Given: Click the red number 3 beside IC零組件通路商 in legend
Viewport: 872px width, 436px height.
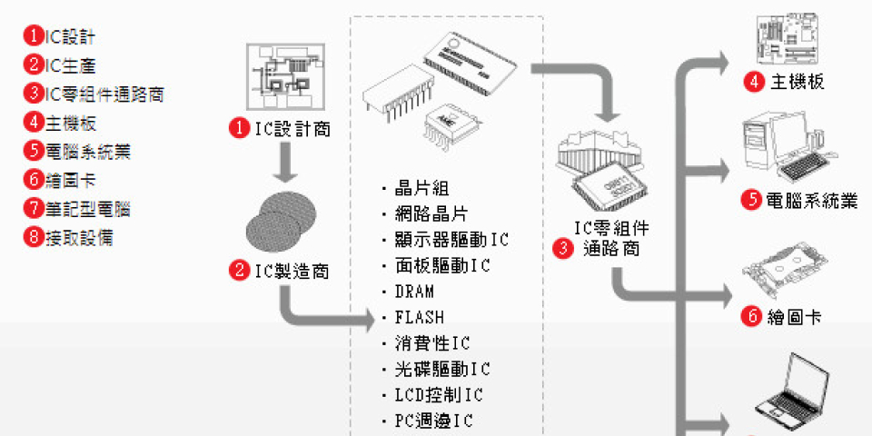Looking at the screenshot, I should coord(34,94).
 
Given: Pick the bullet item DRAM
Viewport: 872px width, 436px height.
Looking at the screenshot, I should coord(414,292).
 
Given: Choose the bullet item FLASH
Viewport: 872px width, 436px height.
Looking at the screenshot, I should coord(419,317).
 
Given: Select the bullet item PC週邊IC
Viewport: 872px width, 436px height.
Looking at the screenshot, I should coord(433,421).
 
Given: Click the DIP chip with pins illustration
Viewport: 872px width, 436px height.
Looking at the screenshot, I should coord(396,94).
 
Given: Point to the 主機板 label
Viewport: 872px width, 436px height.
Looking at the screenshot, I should coord(798,82).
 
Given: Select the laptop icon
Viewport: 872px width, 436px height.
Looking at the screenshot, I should coord(791,397).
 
